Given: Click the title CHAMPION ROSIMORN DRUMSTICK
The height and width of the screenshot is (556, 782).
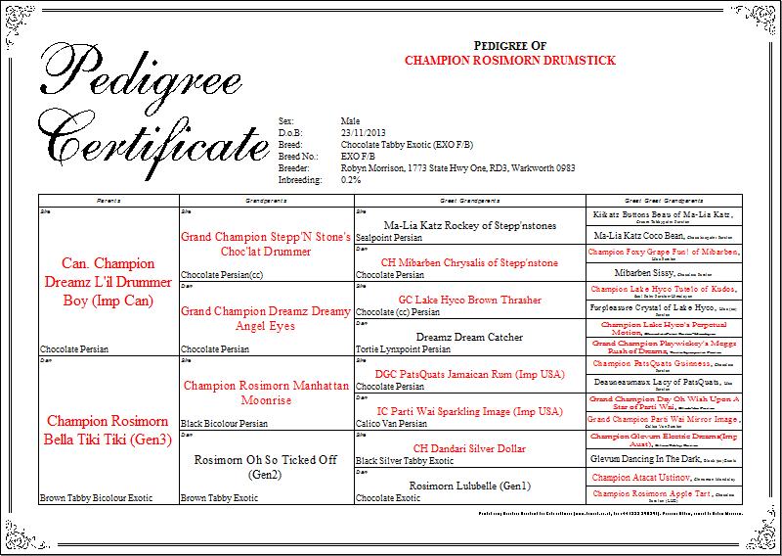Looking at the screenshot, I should click(x=509, y=61).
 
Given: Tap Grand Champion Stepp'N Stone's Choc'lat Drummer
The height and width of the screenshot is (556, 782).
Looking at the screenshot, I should click(x=264, y=243).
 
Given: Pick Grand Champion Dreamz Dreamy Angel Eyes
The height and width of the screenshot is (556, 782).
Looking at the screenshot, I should click(x=264, y=318).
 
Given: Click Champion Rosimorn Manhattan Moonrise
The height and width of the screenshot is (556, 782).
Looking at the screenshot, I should click(x=264, y=392).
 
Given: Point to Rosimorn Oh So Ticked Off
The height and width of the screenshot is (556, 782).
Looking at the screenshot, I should click(x=264, y=466).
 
